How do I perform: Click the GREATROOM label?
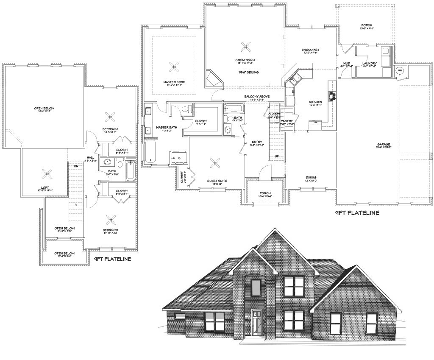(244, 60)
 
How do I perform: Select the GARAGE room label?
(384, 145)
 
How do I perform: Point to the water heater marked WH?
(400, 70)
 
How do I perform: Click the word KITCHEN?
(315, 102)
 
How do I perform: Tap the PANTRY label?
(287, 121)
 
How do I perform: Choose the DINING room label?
(311, 178)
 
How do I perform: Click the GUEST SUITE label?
(217, 181)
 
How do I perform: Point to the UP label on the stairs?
(277, 156)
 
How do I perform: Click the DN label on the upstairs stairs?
(76, 166)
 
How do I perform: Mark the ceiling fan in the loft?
(45, 173)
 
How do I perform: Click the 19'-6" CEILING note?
(248, 73)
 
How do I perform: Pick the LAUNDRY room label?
(370, 64)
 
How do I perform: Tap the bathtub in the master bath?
(150, 152)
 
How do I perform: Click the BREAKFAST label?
(311, 50)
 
